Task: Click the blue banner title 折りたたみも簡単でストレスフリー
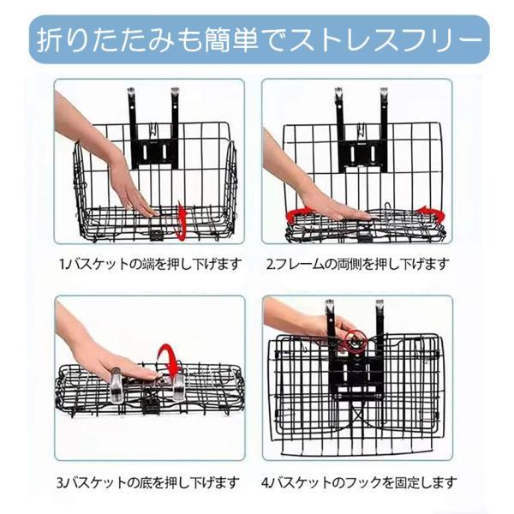tap(260, 40)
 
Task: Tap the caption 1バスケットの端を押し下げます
tap(151, 264)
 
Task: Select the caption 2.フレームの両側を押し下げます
tap(356, 264)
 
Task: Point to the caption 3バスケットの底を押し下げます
tap(148, 482)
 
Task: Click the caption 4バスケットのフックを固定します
tap(359, 482)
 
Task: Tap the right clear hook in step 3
tap(179, 387)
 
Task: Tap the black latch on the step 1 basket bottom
tap(156, 234)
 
